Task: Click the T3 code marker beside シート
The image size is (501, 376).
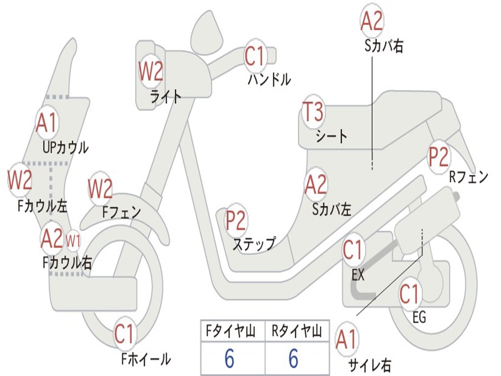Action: coord(313,114)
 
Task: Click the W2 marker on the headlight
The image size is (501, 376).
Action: coord(151,72)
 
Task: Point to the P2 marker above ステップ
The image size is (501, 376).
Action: coord(235,221)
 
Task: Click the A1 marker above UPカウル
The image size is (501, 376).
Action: coord(47,123)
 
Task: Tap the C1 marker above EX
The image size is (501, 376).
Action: coord(353,251)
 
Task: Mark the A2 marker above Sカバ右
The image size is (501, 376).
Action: coord(372,21)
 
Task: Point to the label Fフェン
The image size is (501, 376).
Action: coord(122,212)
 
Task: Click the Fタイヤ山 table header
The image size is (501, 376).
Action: coord(233,331)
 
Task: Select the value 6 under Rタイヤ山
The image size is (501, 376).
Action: coord(294,359)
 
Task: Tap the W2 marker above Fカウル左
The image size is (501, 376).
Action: coord(20,180)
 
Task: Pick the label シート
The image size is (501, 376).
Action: coord(332,136)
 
